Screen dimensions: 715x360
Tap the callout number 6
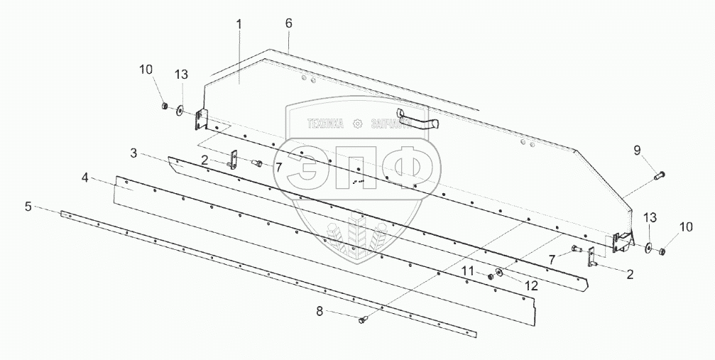coord(289,23)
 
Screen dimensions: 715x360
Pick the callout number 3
coord(133,153)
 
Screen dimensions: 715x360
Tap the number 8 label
coord(320,312)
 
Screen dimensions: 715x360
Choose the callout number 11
coord(469,271)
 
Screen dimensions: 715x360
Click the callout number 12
coord(531,285)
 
